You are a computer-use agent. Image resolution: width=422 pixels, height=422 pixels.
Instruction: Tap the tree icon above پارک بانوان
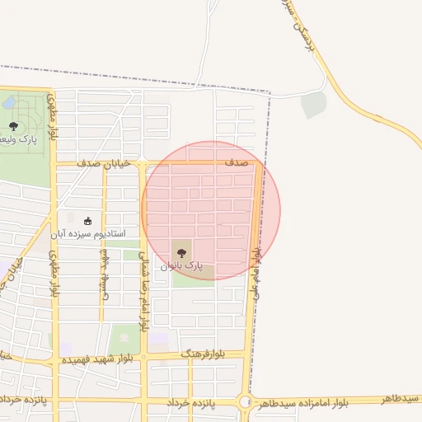181,253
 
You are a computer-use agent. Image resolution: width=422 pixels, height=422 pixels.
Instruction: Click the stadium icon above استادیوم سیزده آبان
88,220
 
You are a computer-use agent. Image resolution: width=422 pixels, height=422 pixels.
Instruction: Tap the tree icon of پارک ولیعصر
13,125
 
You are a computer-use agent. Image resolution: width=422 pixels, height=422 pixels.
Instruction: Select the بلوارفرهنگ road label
200,354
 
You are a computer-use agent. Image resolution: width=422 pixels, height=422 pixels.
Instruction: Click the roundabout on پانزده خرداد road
246,403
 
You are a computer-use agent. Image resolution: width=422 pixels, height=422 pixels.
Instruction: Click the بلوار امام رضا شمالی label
142,293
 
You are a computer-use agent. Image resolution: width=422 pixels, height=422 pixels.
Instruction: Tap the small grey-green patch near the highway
313,105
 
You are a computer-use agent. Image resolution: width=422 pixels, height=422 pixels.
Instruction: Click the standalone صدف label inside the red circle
237,163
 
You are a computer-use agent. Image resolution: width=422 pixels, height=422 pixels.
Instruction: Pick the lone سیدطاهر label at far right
401,399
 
